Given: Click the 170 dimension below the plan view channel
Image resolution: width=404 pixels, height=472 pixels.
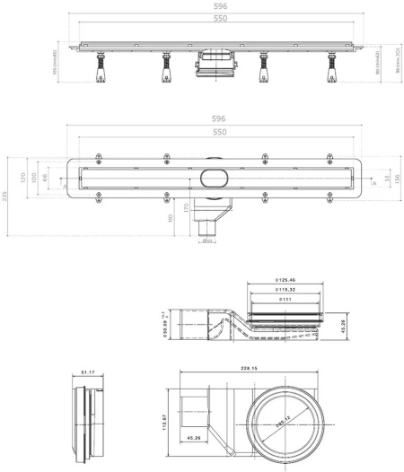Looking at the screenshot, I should point(187,210).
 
